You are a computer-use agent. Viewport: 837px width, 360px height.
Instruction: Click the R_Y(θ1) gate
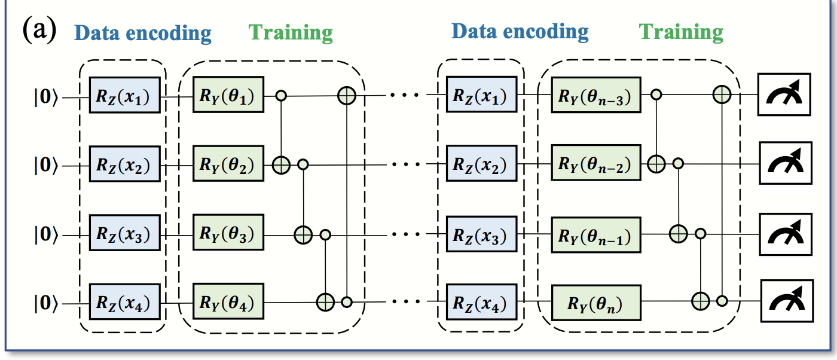228,94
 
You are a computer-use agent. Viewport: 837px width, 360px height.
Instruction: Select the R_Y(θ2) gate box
228,164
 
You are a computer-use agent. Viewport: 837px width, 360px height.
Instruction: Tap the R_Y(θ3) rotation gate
228,234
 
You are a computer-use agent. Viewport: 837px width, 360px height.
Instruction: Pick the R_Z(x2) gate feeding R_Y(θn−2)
481,164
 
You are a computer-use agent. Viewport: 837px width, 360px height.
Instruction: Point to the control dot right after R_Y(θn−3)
656,94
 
